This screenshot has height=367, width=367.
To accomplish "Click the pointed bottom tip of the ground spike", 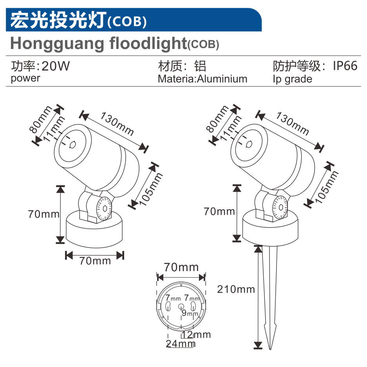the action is pyautogui.click(x=270, y=349).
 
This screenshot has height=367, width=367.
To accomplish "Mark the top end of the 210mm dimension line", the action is pyautogui.click(x=258, y=246).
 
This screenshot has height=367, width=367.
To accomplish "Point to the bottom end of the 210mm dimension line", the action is pyautogui.click(x=258, y=348).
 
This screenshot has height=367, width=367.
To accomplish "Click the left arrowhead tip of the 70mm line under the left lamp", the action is pyautogui.click(x=66, y=255).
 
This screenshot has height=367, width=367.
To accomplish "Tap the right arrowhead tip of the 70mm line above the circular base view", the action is pyautogui.click(x=205, y=278).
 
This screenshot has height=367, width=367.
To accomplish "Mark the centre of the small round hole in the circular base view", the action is pyautogui.click(x=181, y=306).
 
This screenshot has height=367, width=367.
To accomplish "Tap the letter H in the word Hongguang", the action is pyautogui.click(x=16, y=43).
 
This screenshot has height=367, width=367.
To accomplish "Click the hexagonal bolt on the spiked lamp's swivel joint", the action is pyautogui.click(x=280, y=207).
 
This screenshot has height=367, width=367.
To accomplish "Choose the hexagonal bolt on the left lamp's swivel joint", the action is pyautogui.click(x=105, y=208).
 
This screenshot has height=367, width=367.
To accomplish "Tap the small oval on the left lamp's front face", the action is pyautogui.click(x=72, y=145).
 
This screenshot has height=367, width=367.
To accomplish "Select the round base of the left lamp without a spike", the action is pyautogui.click(x=94, y=230).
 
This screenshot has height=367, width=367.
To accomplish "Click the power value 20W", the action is pyautogui.click(x=56, y=66).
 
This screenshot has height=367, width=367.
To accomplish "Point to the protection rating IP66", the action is pyautogui.click(x=345, y=66).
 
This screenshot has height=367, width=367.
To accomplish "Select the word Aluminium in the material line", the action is pyautogui.click(x=222, y=79).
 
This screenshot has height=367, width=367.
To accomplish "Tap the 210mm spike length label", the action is pyautogui.click(x=236, y=289).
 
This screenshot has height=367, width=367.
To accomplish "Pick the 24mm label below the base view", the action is pyautogui.click(x=181, y=344).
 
